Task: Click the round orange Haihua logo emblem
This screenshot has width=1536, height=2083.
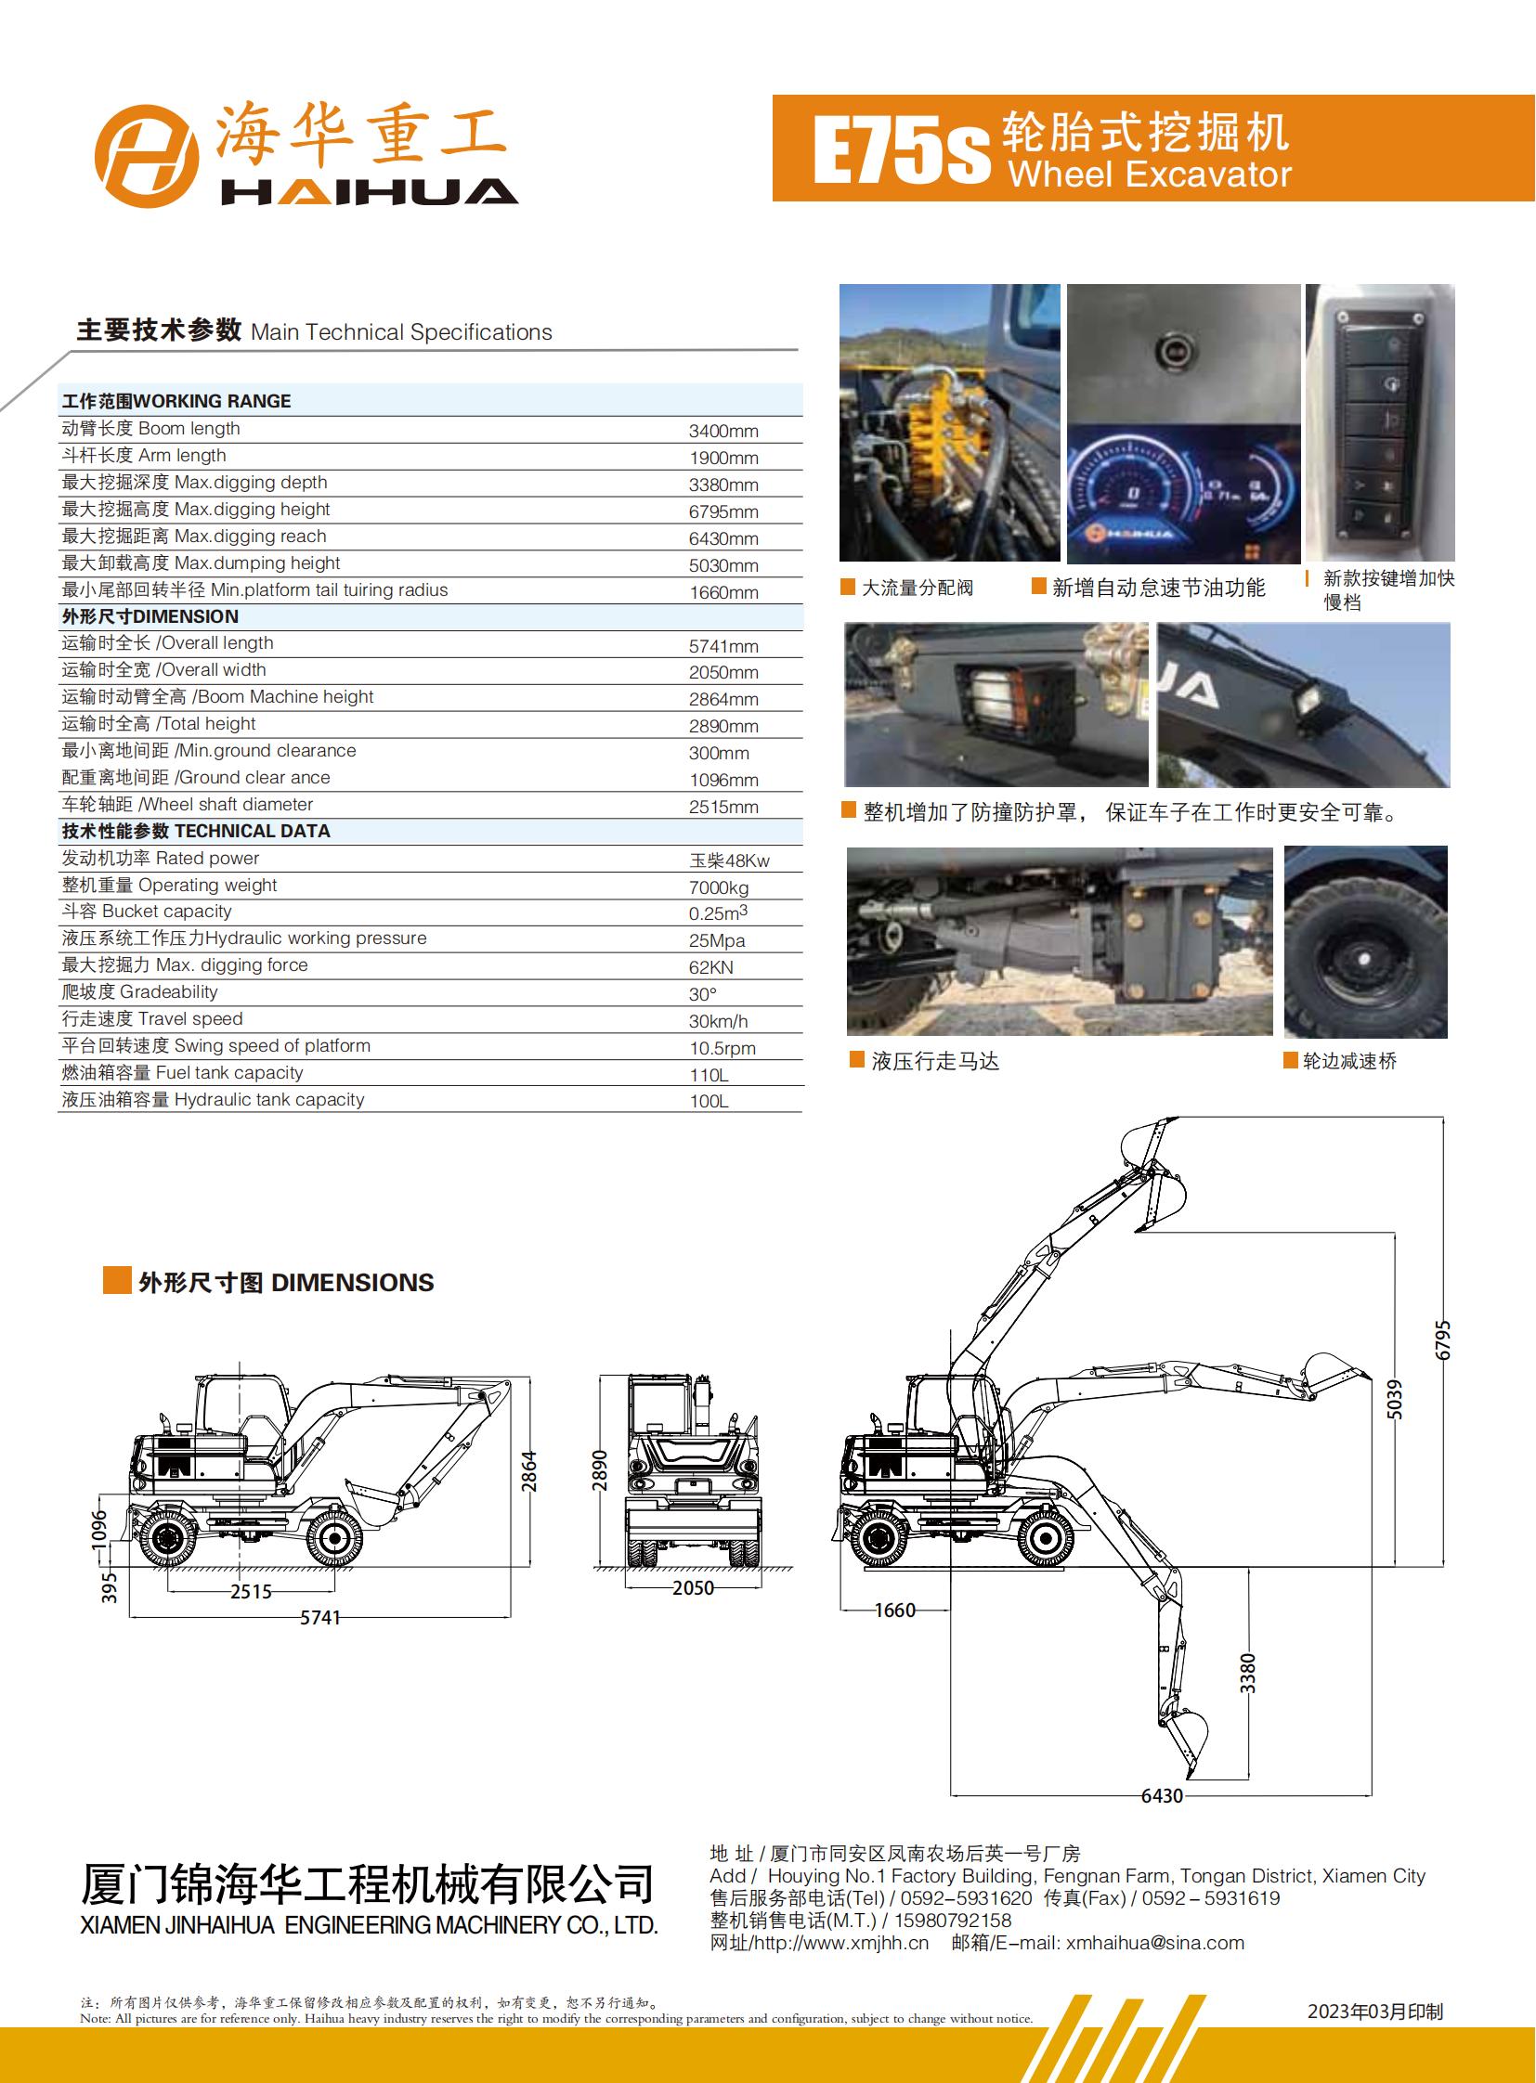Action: (147, 155)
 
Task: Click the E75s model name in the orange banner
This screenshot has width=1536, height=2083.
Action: (901, 149)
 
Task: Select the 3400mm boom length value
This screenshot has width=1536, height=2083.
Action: (723, 432)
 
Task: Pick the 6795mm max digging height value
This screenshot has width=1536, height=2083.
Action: (723, 512)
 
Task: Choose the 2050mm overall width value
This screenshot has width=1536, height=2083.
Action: (723, 672)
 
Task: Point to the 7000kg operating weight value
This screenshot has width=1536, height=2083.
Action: (719, 887)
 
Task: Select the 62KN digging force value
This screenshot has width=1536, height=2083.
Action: (711, 967)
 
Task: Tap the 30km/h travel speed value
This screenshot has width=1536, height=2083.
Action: (718, 1021)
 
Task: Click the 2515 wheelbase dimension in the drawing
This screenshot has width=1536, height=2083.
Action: (251, 1591)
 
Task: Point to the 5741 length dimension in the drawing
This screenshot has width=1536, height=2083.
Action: (319, 1617)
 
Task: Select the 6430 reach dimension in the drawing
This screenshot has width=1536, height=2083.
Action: (1163, 1796)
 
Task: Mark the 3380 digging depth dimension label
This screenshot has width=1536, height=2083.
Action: (1248, 1673)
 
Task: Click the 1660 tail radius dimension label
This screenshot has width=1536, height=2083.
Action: (894, 1610)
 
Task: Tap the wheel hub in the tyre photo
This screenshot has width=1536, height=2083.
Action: (1363, 958)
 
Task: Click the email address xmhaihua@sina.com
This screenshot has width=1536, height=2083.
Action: (1155, 1943)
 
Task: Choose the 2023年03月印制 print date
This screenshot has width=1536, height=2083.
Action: (1375, 2012)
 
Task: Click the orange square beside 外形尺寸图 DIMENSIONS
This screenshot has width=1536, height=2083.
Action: (117, 1280)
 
